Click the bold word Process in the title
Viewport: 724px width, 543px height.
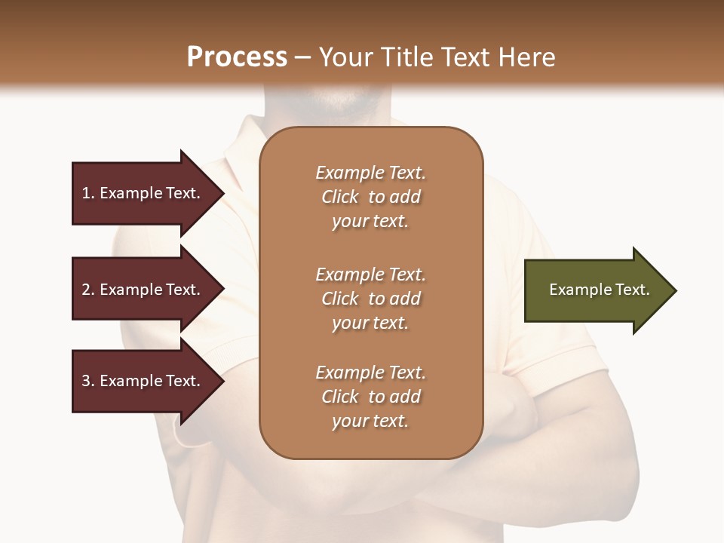click(237, 57)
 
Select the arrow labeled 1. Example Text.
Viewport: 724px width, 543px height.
click(143, 193)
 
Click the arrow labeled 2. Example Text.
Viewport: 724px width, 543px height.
click(143, 290)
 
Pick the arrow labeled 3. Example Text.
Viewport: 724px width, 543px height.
click(143, 381)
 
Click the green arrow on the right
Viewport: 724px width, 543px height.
click(596, 290)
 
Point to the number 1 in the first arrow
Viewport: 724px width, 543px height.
click(86, 193)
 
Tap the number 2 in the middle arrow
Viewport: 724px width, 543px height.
click(86, 290)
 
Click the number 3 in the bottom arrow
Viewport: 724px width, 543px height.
click(86, 381)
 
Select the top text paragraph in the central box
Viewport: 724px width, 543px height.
click(370, 197)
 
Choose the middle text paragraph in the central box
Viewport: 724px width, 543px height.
click(370, 299)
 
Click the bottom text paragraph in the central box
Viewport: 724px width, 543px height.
click(370, 397)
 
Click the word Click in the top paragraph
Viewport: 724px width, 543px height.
click(340, 197)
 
